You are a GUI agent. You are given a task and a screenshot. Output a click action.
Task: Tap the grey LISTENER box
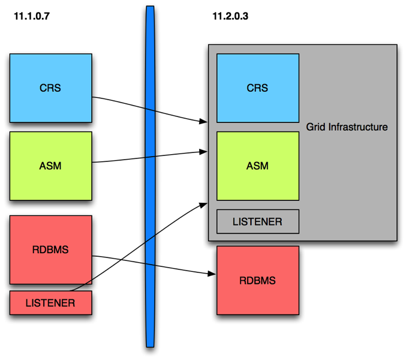coord(258,221)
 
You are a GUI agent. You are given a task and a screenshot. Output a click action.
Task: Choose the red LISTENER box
coord(50,303)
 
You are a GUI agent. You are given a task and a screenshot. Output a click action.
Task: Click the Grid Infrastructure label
coord(347,127)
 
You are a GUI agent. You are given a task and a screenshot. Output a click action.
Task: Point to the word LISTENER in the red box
coord(50,303)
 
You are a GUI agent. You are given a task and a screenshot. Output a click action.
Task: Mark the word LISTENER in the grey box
coord(258,221)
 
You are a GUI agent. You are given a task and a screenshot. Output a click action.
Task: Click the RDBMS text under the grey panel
coord(258,280)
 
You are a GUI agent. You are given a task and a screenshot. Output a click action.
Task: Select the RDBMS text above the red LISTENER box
coord(50,250)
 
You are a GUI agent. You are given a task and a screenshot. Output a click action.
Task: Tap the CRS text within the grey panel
coord(258,88)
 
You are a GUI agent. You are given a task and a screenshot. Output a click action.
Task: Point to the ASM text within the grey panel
coord(258,166)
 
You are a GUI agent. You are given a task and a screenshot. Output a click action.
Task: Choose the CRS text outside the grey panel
coord(50,88)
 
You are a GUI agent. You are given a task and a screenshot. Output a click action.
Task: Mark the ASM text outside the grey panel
coord(50,166)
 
